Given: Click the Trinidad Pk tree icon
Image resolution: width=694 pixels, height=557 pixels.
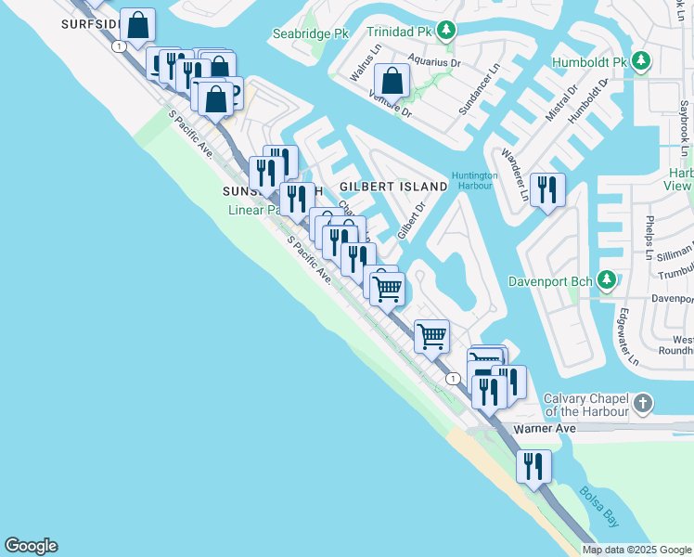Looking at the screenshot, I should (446, 32).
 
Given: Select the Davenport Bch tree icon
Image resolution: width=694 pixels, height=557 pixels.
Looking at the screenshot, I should (606, 279).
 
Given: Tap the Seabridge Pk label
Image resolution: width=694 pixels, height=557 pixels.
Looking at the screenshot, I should (309, 33).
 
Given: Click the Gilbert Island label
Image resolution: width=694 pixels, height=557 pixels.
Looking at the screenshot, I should (392, 187).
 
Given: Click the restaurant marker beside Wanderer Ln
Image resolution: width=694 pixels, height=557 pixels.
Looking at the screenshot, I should (546, 190).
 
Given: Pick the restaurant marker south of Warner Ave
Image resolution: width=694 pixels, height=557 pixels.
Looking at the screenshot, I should (533, 466).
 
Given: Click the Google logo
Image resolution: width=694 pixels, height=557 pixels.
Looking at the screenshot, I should (31, 546).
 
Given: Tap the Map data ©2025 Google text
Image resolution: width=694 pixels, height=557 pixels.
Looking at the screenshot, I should (636, 550).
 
